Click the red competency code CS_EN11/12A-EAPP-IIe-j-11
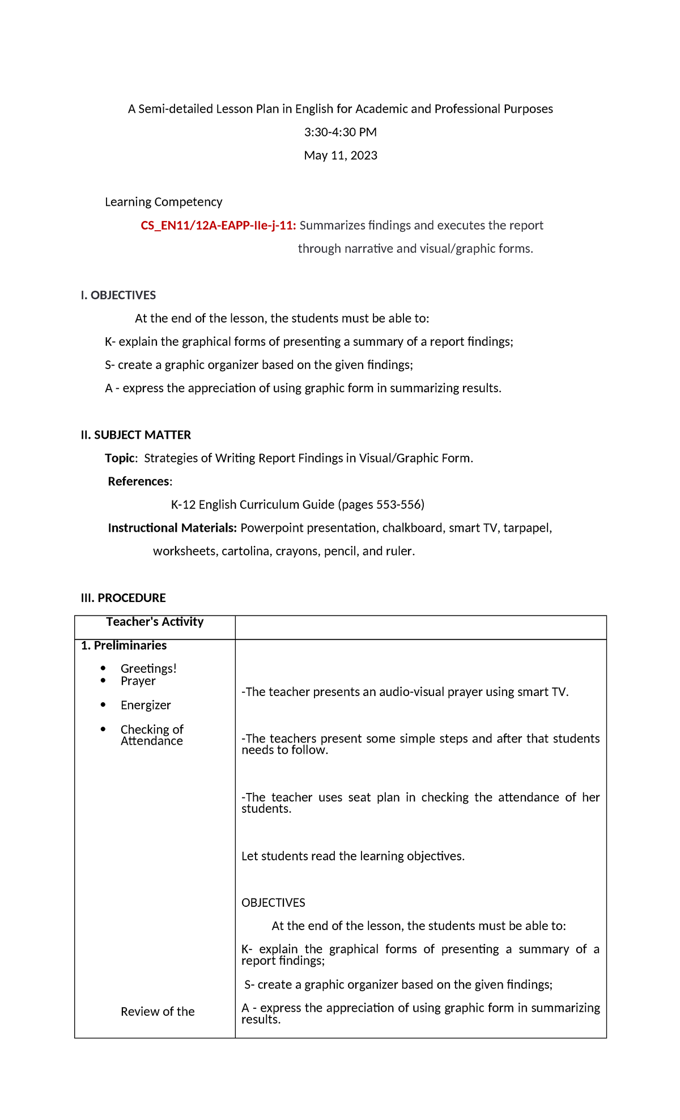pyautogui.click(x=218, y=226)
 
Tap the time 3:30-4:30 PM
pyautogui.click(x=340, y=132)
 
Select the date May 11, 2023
pyautogui.click(x=340, y=155)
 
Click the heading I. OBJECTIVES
pyautogui.click(x=118, y=295)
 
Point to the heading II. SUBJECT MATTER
pyautogui.click(x=135, y=435)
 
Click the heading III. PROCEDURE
pyautogui.click(x=123, y=598)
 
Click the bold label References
pyautogui.click(x=139, y=481)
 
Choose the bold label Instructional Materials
pyautogui.click(x=172, y=528)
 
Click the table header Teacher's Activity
pyautogui.click(x=155, y=622)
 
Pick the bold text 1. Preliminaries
pyautogui.click(x=124, y=646)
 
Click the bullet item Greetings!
pyautogui.click(x=148, y=669)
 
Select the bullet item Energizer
pyautogui.click(x=146, y=705)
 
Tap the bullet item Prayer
pyautogui.click(x=138, y=681)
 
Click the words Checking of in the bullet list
pyautogui.click(x=152, y=729)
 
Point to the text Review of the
pyautogui.click(x=158, y=1012)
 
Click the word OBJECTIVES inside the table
pyautogui.click(x=273, y=903)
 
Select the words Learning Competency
pyautogui.click(x=163, y=202)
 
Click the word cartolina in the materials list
pyautogui.click(x=245, y=551)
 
